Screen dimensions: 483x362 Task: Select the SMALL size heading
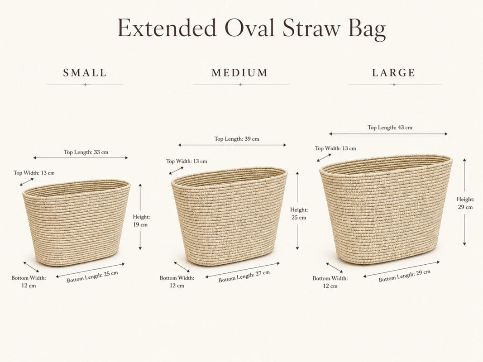(85, 73)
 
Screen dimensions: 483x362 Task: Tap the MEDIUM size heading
(239, 73)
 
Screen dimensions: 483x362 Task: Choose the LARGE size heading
(394, 73)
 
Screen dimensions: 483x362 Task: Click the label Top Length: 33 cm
(86, 152)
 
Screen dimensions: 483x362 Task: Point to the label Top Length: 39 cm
(237, 139)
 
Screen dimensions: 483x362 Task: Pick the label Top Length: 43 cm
(390, 128)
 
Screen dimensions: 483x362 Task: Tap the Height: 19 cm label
(141, 221)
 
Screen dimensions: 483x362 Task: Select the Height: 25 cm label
(299, 214)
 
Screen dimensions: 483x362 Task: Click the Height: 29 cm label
(465, 203)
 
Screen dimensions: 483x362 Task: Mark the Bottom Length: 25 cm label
(92, 277)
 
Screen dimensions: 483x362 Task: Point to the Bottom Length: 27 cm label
(244, 276)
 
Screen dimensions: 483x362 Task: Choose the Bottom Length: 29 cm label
(404, 276)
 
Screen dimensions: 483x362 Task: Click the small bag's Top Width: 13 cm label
(34, 173)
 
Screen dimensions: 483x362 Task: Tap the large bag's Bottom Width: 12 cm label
(330, 282)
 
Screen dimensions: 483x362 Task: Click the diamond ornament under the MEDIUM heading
(240, 84)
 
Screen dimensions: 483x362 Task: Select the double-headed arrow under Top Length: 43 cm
(388, 134)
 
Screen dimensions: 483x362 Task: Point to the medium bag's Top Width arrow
(176, 171)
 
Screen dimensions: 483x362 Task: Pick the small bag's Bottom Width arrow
(31, 267)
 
